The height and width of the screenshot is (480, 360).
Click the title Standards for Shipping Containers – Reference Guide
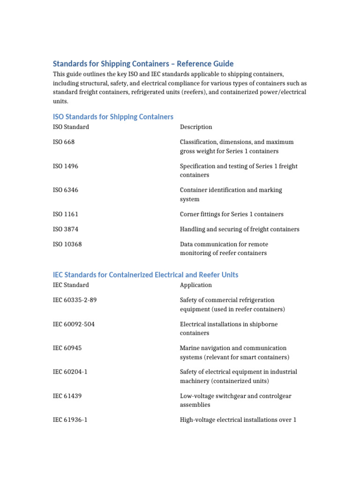[x=143, y=64]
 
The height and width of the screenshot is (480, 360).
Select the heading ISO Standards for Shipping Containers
[x=113, y=117]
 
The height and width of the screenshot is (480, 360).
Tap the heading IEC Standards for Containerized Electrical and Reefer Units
[x=145, y=275]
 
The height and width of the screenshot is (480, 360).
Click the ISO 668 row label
[x=64, y=142]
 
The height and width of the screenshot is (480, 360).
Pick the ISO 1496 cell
[x=65, y=166]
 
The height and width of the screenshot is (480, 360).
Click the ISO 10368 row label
[x=67, y=244]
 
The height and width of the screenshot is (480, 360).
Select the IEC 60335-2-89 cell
[x=75, y=300]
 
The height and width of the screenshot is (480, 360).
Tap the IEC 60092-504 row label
[x=74, y=324]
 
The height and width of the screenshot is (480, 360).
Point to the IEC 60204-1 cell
[x=70, y=372]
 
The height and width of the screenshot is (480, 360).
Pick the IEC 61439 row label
[x=67, y=396]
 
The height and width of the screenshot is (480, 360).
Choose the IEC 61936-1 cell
[x=70, y=420]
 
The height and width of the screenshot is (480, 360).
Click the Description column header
[x=196, y=127]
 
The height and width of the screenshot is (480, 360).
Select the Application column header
[x=196, y=285]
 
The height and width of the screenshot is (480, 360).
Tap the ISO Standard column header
[x=71, y=127]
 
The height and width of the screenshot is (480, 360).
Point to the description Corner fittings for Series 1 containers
[x=232, y=214]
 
